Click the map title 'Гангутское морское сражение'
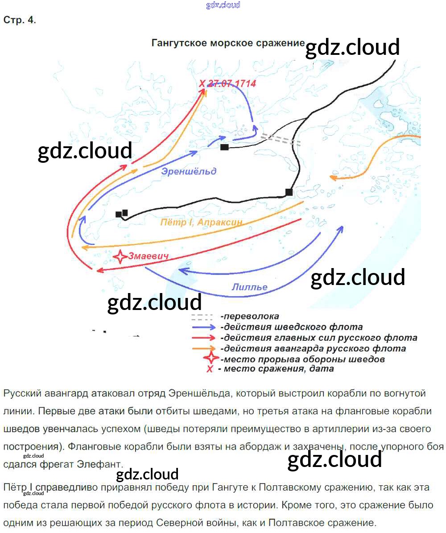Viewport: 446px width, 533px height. point(228,43)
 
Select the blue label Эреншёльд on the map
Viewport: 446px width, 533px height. point(189,171)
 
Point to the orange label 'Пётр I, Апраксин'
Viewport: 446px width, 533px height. point(202,222)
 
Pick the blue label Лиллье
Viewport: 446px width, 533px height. point(249,287)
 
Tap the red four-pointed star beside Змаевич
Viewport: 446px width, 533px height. point(120,257)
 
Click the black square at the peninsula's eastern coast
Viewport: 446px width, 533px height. point(289,192)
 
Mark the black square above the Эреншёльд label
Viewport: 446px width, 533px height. point(225,147)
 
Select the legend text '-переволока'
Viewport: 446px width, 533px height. point(250,316)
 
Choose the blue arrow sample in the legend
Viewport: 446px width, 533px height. point(204,327)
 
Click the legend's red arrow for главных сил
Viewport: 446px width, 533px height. point(204,338)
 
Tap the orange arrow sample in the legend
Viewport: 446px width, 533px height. point(204,348)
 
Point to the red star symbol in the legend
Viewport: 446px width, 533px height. point(210,359)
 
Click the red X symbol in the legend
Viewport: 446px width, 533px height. point(209,369)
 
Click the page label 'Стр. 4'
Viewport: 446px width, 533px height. point(19,21)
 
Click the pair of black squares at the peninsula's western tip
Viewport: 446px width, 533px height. point(122,214)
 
